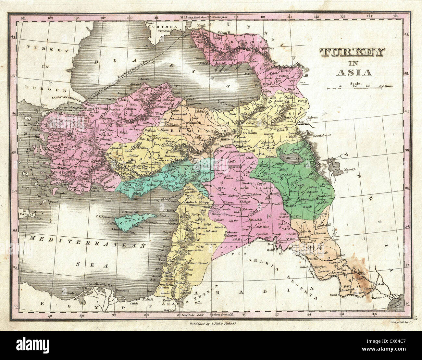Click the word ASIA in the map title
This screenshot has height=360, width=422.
352,72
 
